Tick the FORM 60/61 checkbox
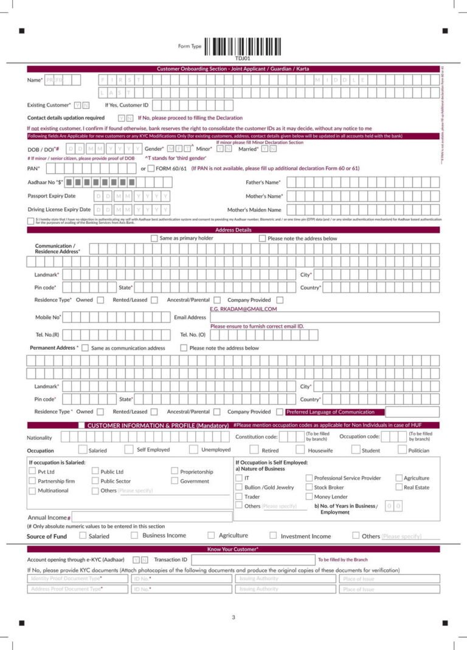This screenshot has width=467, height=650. (x=151, y=168)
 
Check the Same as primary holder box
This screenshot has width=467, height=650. (x=154, y=238)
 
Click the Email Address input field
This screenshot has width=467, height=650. (x=325, y=317)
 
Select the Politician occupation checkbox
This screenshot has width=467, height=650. (x=403, y=450)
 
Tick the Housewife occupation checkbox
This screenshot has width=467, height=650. (x=300, y=450)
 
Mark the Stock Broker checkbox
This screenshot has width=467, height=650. (x=309, y=487)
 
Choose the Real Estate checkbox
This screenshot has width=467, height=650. (x=399, y=487)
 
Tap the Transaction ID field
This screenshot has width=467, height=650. (x=253, y=559)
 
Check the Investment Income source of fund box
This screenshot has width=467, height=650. (x=273, y=536)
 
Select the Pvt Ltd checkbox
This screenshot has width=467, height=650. (x=32, y=471)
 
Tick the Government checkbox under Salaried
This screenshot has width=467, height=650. (x=175, y=481)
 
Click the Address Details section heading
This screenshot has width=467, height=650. (x=233, y=230)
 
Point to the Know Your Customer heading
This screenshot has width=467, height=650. (x=233, y=549)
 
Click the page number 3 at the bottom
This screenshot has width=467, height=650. (x=233, y=618)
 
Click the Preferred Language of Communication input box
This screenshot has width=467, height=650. (x=412, y=412)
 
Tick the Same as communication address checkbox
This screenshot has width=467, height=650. (x=85, y=348)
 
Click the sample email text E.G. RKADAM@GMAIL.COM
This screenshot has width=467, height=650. (x=243, y=309)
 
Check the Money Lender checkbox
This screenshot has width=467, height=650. (x=309, y=497)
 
